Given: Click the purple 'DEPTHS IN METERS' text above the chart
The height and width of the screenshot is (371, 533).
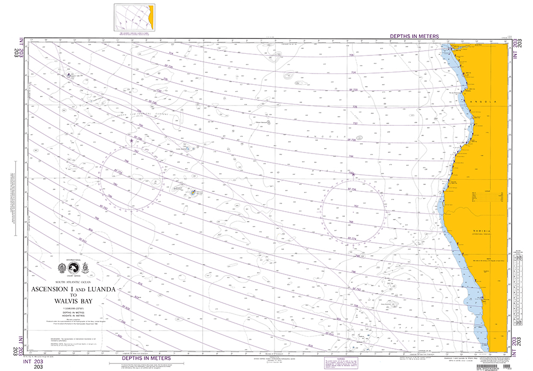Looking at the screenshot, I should click(x=414, y=36).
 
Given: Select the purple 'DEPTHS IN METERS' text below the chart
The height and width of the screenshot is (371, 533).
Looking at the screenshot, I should click(x=146, y=358).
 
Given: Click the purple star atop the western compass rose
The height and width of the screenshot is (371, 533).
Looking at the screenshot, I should click(x=132, y=140).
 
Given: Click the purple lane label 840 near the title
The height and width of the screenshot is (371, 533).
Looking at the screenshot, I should click(x=119, y=336).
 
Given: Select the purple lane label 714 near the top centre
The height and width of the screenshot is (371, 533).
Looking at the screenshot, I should click(x=171, y=54).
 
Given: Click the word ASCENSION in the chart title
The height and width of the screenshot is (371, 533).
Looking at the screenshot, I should click(x=50, y=289).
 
